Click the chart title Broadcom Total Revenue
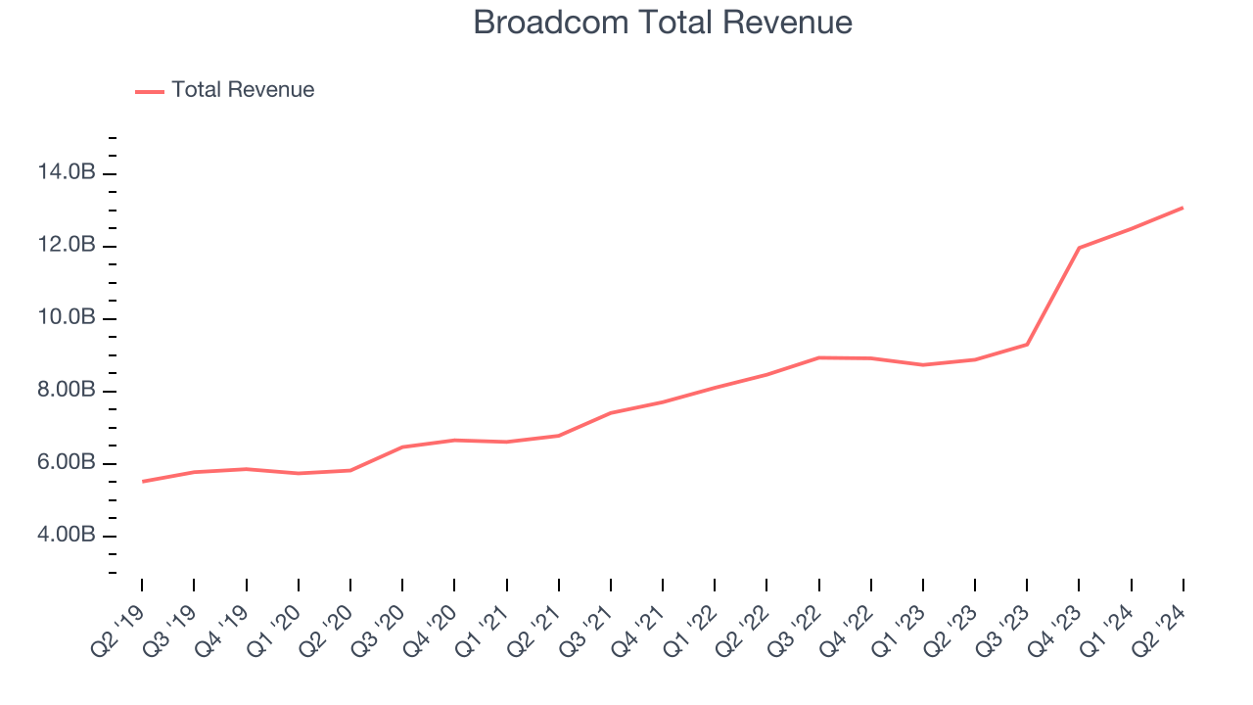663,23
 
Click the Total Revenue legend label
243,90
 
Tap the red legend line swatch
150,91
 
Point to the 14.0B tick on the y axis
67,173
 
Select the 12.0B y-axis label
67,246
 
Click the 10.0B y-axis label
67,318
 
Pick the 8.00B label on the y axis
67,391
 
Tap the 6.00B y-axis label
67,463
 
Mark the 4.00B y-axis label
67,536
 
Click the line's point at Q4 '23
1079,248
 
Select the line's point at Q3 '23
1027,344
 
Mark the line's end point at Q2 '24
1183,208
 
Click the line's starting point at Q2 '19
142,482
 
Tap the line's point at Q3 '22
818,357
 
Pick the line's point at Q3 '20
402,446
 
